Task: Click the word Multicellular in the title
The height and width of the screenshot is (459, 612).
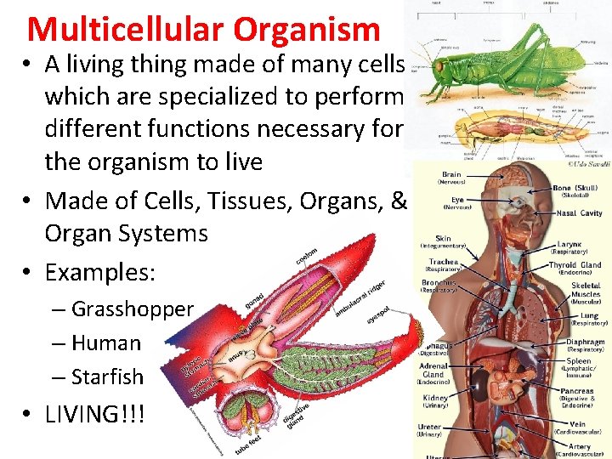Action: click(x=127, y=30)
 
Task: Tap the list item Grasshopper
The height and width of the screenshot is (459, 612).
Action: click(x=132, y=309)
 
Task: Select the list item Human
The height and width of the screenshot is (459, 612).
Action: click(x=106, y=343)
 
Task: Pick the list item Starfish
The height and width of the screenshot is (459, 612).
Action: click(x=108, y=377)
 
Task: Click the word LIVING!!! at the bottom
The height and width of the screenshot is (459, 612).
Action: click(x=95, y=415)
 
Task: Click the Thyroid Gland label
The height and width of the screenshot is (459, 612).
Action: click(x=575, y=265)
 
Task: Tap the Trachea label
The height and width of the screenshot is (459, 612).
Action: click(x=443, y=262)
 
